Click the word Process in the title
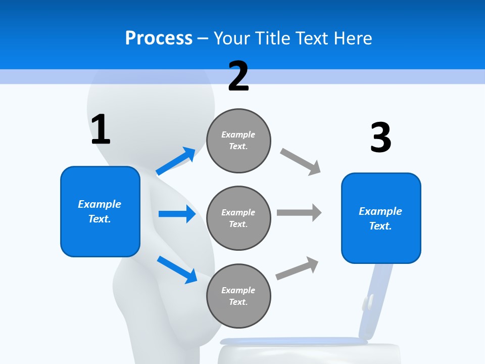[x=159, y=38]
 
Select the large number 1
[x=101, y=129]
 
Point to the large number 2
[x=238, y=76]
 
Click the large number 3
[x=380, y=138]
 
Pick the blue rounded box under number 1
[x=100, y=211]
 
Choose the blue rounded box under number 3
[x=381, y=218]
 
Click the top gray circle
[x=238, y=141]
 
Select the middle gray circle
[x=238, y=218]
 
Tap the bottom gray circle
[x=238, y=296]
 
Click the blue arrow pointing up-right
[x=176, y=161]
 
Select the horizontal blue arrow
[x=177, y=214]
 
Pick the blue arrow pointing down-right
[x=177, y=269]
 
